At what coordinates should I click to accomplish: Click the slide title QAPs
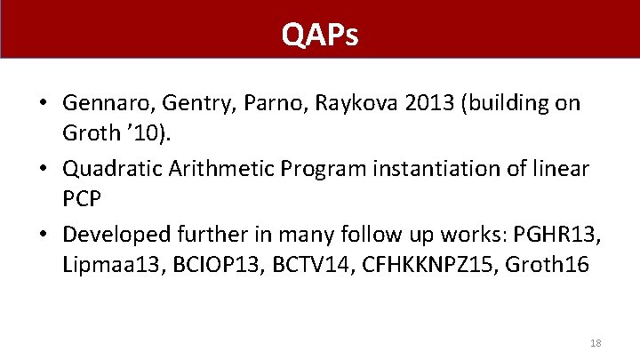pos(320,35)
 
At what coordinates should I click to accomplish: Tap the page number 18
pos(596,342)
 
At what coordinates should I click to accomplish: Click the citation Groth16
pos(548,266)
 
